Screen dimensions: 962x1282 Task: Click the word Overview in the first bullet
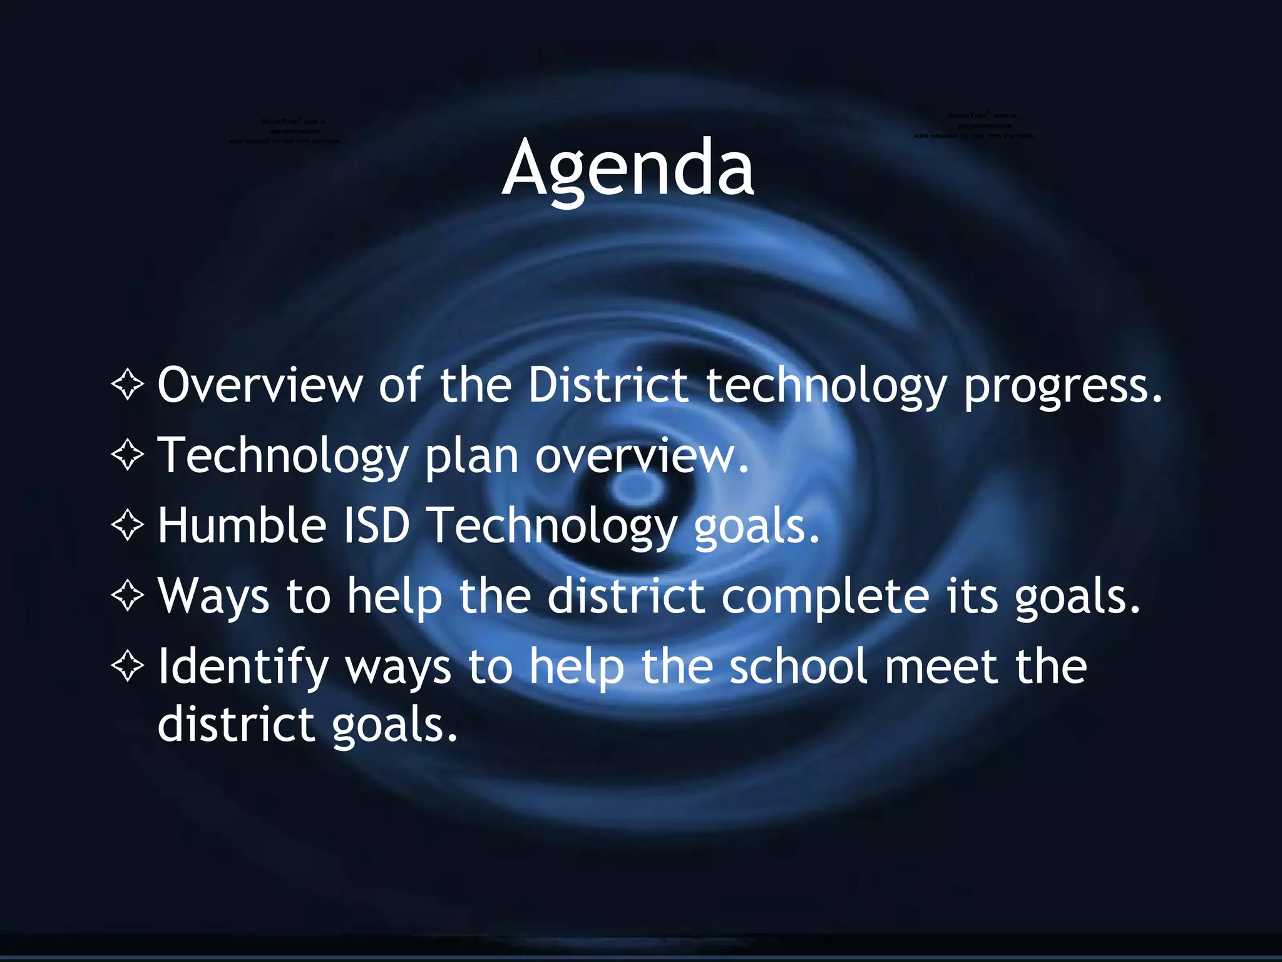point(260,385)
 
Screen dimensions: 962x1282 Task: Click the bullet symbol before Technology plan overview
point(128,455)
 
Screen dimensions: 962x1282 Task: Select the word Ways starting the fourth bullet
point(213,597)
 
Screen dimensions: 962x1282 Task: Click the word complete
point(824,597)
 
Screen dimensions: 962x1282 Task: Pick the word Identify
point(243,668)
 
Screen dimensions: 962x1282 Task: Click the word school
point(798,666)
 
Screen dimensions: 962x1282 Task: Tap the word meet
point(941,666)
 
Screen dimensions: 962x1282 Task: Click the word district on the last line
point(235,724)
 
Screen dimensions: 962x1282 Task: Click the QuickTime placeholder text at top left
point(285,131)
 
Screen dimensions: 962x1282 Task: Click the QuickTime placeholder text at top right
point(974,125)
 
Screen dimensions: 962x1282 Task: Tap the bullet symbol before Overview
point(128,385)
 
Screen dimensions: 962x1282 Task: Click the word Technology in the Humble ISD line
point(554,526)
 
